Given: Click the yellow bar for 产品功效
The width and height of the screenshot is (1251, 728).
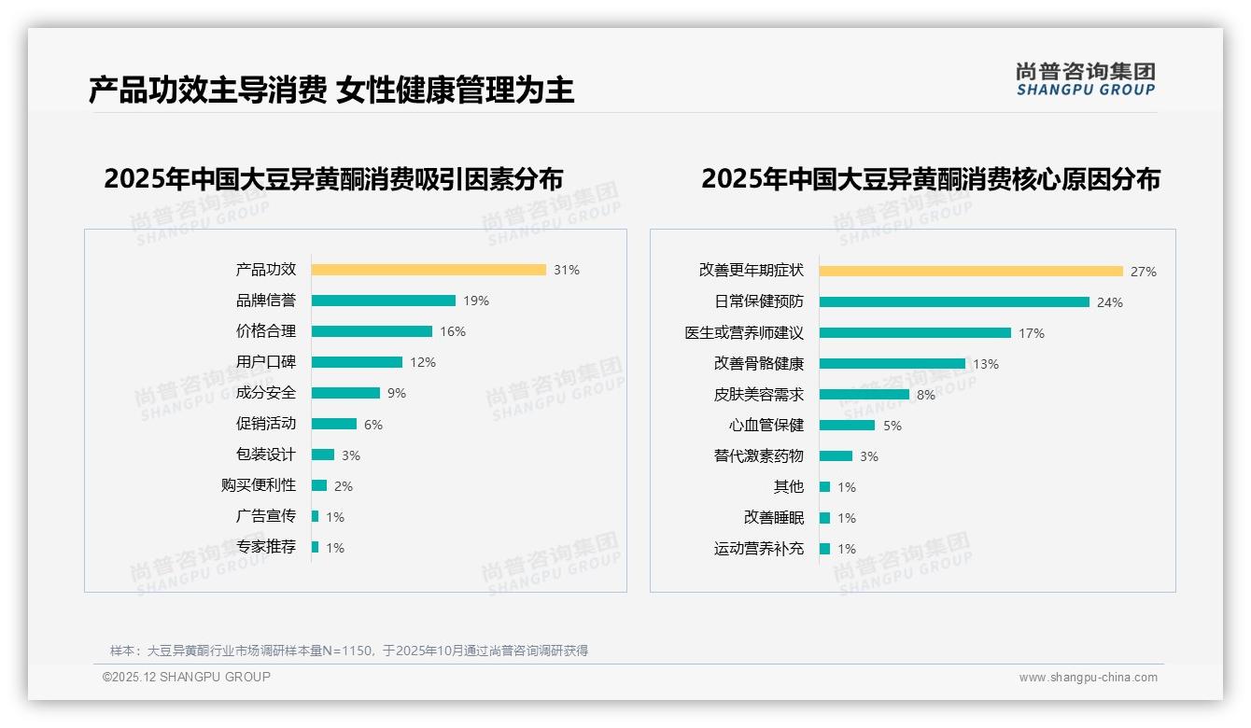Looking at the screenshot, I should pyautogui.click(x=429, y=270).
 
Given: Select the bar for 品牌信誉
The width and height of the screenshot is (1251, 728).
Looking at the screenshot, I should pyautogui.click(x=384, y=301).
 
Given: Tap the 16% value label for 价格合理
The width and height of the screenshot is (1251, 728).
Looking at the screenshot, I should pyautogui.click(x=453, y=331).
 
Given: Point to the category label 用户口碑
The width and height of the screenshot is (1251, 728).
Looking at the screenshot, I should pyautogui.click(x=265, y=362).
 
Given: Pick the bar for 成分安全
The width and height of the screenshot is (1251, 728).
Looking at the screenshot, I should pyautogui.click(x=345, y=393).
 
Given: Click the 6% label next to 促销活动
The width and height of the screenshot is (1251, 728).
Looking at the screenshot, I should pyautogui.click(x=373, y=425).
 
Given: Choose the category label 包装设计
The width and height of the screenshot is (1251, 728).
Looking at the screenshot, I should pyautogui.click(x=265, y=455).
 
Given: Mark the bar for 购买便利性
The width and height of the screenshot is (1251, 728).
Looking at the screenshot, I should pyautogui.click(x=319, y=485).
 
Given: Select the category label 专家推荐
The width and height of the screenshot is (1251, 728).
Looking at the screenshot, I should pyautogui.click(x=265, y=547).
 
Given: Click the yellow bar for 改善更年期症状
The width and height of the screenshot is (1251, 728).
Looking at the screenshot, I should pyautogui.click(x=971, y=272).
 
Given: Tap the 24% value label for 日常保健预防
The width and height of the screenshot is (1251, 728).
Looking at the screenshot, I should pyautogui.click(x=1110, y=302).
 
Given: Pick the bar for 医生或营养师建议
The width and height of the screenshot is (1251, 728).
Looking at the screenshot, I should pyautogui.click(x=915, y=333).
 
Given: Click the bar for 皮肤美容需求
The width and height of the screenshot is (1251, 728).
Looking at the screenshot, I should pyautogui.click(x=864, y=395).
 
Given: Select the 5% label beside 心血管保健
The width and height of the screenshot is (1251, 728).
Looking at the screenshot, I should pyautogui.click(x=893, y=426).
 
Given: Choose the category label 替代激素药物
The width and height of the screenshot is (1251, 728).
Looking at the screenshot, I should pyautogui.click(x=758, y=456).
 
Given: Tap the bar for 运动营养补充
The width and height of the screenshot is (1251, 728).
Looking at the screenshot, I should pyautogui.click(x=824, y=549).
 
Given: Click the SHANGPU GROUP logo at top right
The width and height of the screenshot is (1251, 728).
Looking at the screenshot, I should pyautogui.click(x=1086, y=79).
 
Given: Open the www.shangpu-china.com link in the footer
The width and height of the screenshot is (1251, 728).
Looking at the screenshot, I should pyautogui.click(x=1088, y=678).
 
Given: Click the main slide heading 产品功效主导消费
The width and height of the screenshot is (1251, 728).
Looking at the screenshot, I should pyautogui.click(x=207, y=91).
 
